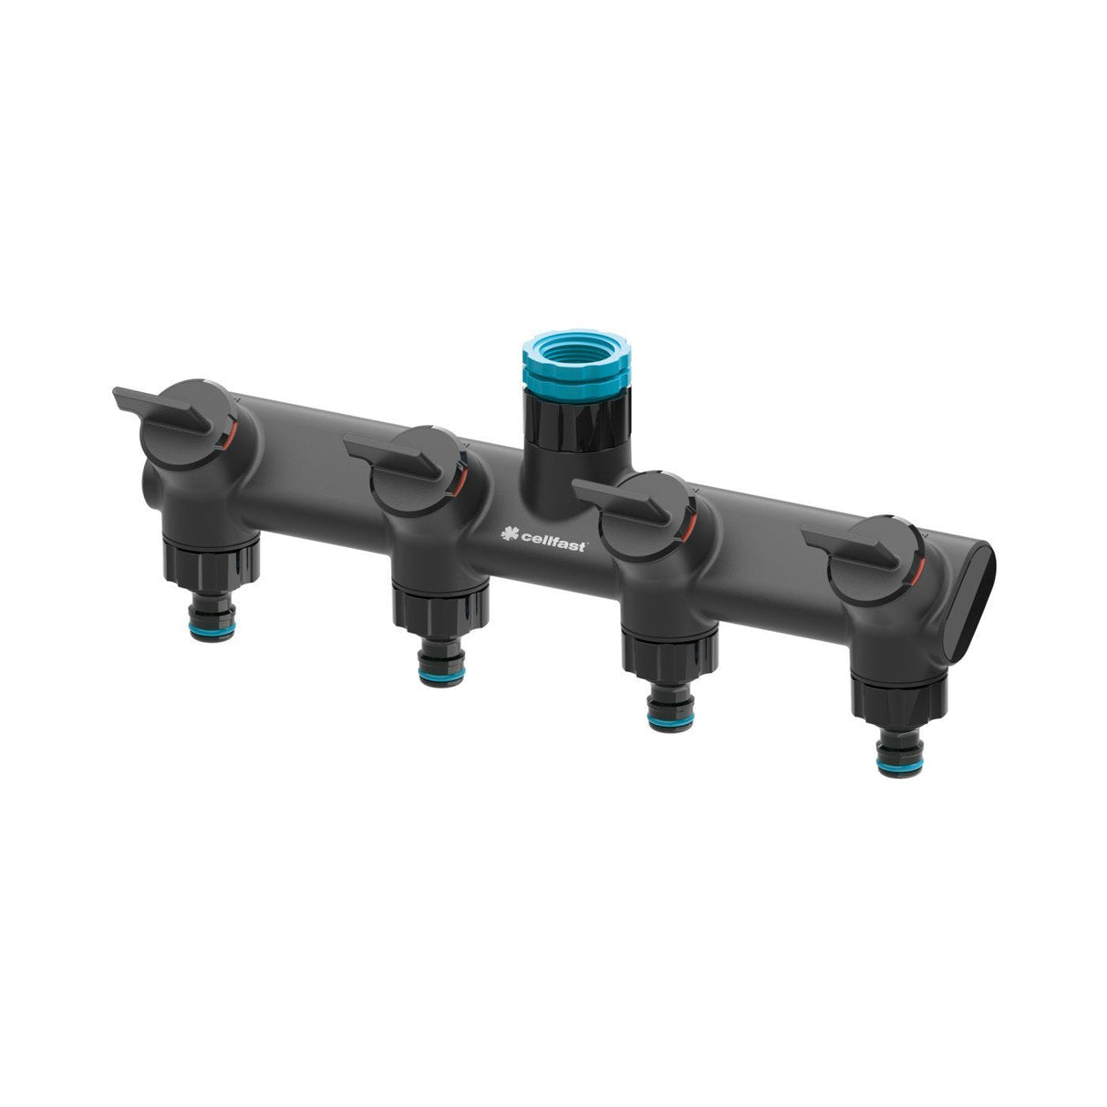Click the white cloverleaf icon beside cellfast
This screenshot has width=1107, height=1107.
pos(512,540)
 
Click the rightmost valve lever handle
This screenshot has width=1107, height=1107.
pos(848,547)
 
